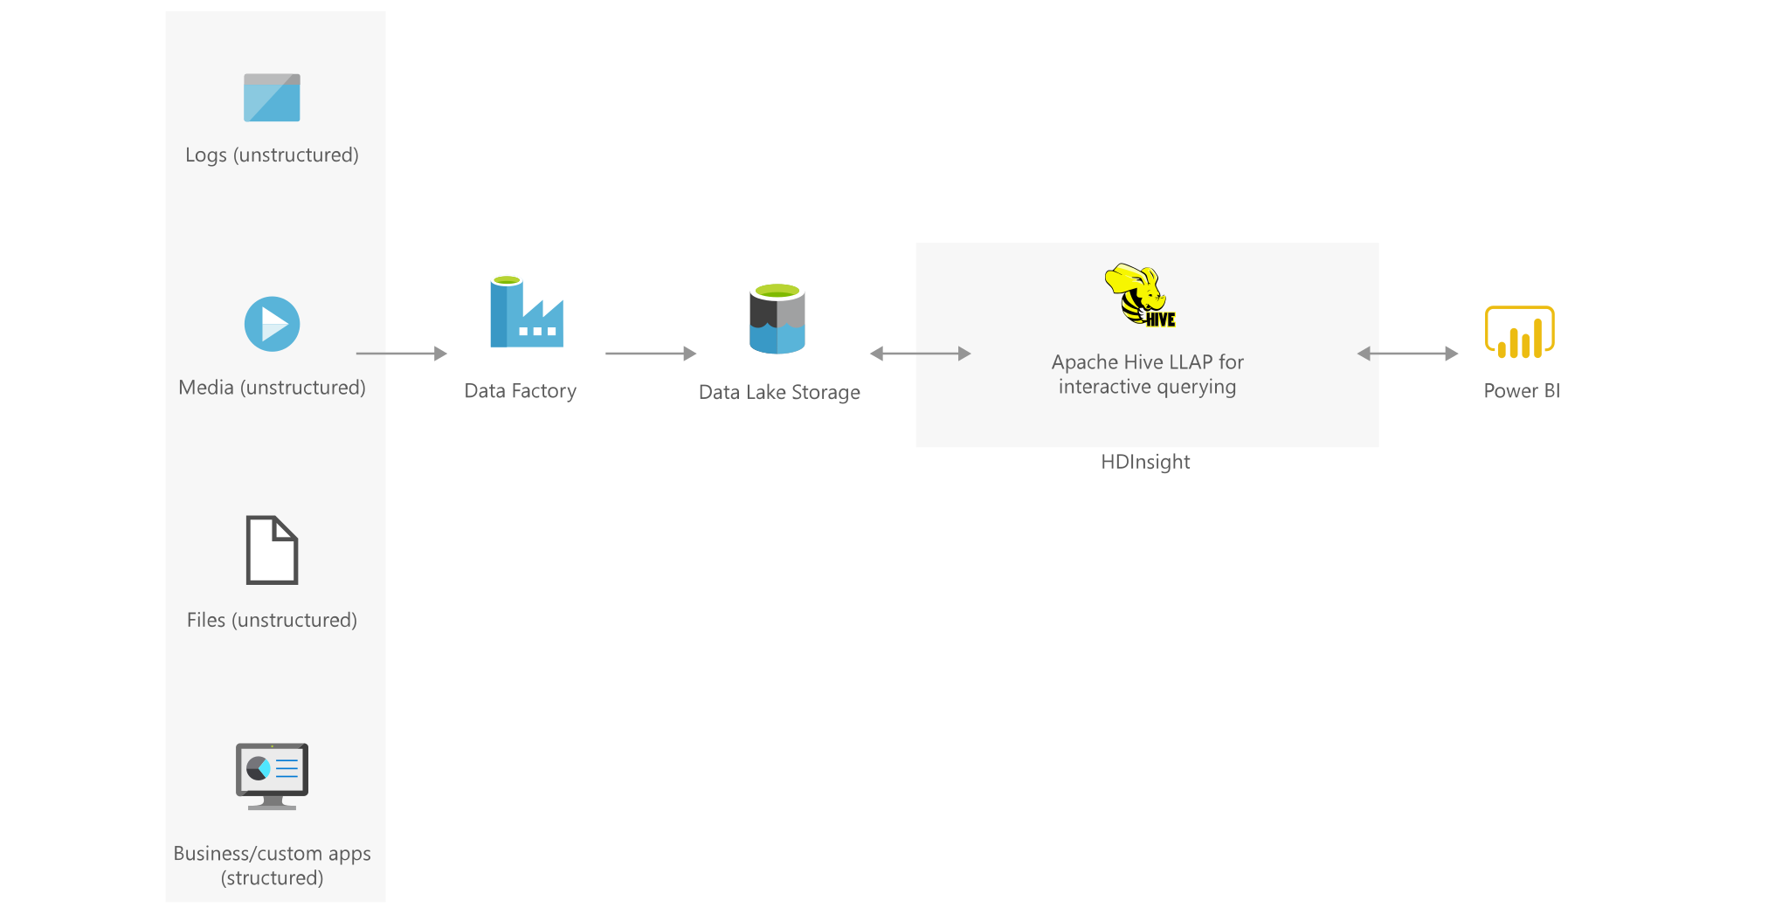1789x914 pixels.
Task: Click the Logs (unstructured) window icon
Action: [x=272, y=98]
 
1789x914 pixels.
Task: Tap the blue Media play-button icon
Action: [x=272, y=324]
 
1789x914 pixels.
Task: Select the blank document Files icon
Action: [x=272, y=550]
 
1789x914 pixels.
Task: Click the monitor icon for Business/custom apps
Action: [x=272, y=776]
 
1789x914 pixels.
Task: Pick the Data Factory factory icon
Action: [x=526, y=312]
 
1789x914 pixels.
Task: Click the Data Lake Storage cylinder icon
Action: [x=777, y=319]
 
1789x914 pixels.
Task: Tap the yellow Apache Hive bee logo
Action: [x=1141, y=296]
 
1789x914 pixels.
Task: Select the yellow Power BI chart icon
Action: [x=1520, y=332]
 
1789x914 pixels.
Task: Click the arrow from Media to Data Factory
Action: [x=402, y=354]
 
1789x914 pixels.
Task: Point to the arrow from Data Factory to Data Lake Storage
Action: [x=651, y=354]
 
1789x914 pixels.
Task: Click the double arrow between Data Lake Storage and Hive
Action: [x=921, y=354]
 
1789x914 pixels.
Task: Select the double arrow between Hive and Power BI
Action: [x=1407, y=354]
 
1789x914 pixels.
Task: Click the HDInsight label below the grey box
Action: [x=1145, y=462]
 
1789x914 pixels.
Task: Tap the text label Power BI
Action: [x=1522, y=390]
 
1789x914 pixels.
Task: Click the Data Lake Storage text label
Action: [x=779, y=393]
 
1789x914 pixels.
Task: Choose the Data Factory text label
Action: [x=520, y=391]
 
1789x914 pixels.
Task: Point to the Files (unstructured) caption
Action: [x=272, y=620]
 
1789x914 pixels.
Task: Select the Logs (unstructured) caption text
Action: [x=272, y=155]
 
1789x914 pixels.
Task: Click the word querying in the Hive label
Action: [x=1196, y=388]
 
